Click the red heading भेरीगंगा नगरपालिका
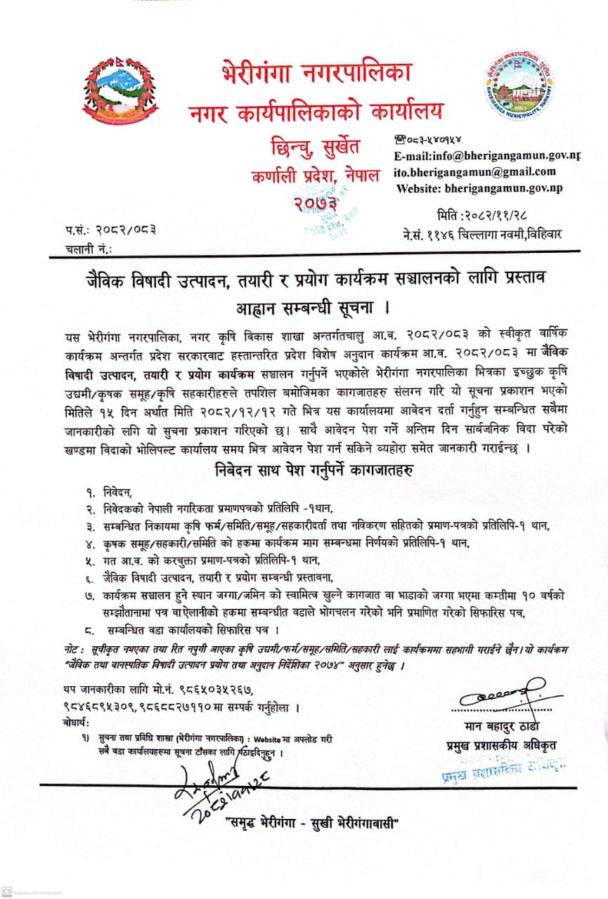tap(316, 73)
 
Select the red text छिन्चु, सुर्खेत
tap(315, 147)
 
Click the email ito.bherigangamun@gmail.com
tap(475, 171)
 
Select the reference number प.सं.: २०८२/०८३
tap(112, 230)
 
